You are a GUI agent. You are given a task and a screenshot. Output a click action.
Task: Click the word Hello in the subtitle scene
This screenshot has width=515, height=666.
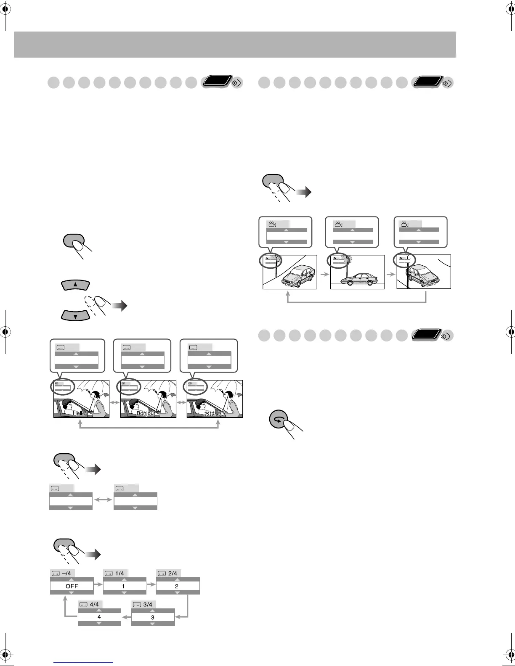[79, 413]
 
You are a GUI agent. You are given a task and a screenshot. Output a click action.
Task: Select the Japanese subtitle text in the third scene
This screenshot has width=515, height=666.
[215, 413]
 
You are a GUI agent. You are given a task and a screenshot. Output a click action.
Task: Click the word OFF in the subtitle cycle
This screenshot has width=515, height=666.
[72, 586]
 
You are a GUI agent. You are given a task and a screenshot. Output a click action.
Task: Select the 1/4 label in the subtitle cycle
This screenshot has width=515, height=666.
[119, 573]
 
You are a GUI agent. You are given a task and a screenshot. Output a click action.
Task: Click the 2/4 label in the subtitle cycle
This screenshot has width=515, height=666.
[173, 573]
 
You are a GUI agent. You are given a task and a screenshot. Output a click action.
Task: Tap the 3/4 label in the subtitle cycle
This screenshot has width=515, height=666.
[148, 604]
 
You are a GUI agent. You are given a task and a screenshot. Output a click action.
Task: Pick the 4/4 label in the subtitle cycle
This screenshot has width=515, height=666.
[94, 604]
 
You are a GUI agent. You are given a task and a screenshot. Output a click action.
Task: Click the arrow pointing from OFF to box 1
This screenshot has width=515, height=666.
[98, 584]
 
